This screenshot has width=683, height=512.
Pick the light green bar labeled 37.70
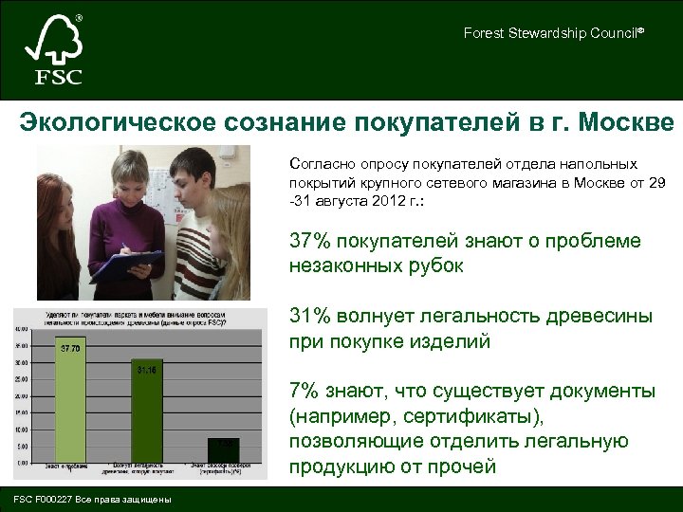click(x=71, y=399)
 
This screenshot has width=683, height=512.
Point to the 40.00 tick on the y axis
click(x=21, y=329)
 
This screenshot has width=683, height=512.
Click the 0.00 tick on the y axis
click(x=22, y=462)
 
